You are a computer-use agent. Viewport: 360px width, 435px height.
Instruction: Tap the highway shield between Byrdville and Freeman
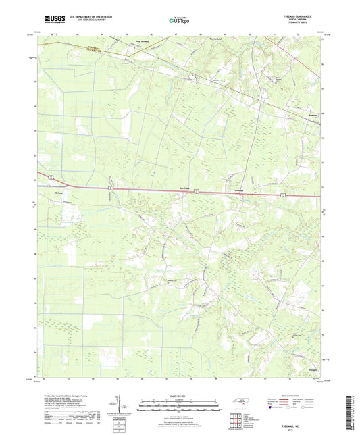196,193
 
